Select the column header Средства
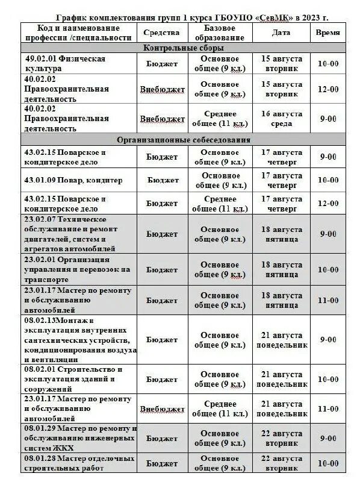coord(163,33)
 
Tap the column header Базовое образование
coord(220,33)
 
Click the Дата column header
coord(281,33)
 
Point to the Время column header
coord(328,33)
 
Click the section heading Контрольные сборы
coord(183,48)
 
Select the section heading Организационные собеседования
coord(183,140)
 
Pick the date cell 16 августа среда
coord(281,119)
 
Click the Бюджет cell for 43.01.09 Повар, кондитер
coord(163,180)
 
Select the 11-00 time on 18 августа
coord(328,300)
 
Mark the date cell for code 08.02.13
coord(281,340)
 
